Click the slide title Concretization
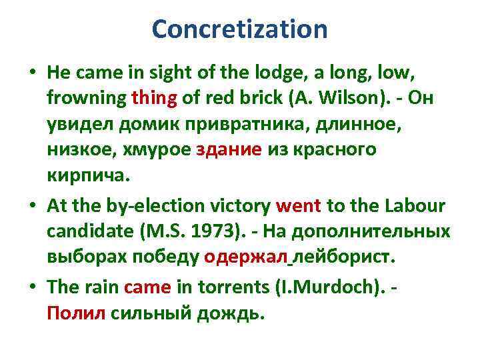click(x=239, y=29)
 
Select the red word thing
click(x=155, y=99)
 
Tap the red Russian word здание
click(x=229, y=150)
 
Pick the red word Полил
click(x=75, y=312)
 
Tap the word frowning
click(x=87, y=99)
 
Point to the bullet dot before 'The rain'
click(x=33, y=287)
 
